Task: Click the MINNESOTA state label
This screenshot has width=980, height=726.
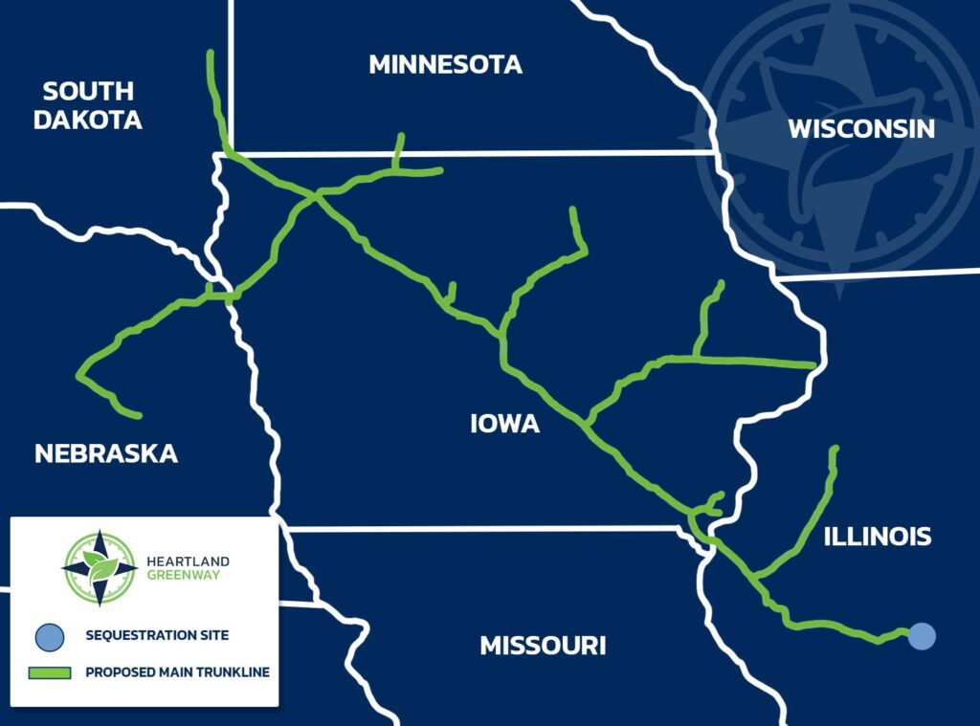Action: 445,65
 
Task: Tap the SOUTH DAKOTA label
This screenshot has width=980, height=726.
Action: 88,105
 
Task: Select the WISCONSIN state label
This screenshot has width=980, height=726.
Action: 860,129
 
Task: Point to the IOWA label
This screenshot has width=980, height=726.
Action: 505,423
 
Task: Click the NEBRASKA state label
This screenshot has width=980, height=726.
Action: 106,453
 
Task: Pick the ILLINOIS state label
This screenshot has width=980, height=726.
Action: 878,537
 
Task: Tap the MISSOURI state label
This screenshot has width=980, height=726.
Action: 543,646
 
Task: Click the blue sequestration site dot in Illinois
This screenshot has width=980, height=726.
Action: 922,635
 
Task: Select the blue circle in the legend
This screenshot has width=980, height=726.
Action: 50,635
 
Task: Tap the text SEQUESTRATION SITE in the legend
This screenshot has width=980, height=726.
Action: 157,635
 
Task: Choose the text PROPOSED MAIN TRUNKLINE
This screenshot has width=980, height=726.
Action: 177,672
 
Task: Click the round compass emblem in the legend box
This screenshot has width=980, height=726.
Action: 100,568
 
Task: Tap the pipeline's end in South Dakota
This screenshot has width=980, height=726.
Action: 211,54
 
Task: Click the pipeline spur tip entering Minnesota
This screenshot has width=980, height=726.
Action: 401,137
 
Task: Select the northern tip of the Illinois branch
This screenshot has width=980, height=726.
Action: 835,450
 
